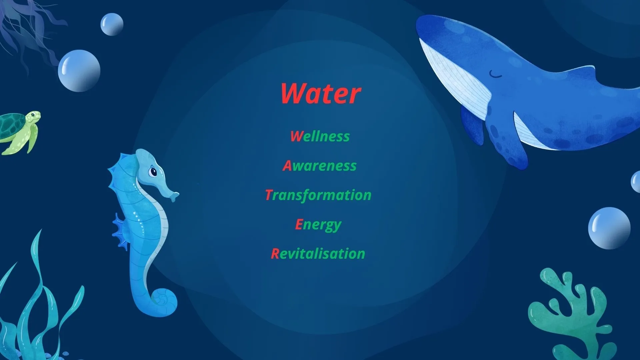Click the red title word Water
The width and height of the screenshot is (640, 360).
(x=321, y=93)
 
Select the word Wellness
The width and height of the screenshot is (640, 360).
(x=320, y=136)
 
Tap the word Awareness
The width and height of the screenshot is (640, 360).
(x=320, y=166)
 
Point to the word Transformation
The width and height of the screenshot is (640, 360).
(x=318, y=195)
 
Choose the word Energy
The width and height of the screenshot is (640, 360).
(x=318, y=225)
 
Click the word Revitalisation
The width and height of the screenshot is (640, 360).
(x=318, y=254)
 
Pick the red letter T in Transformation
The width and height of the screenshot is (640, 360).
(x=269, y=195)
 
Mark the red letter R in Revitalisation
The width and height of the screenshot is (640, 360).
(x=275, y=254)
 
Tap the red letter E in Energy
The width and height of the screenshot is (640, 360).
(x=299, y=224)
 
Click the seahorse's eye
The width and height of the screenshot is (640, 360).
(x=153, y=172)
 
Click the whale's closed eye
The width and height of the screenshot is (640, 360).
(x=495, y=74)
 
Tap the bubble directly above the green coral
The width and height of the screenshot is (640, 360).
(x=609, y=228)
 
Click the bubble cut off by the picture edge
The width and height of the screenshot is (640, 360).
(x=635, y=182)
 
